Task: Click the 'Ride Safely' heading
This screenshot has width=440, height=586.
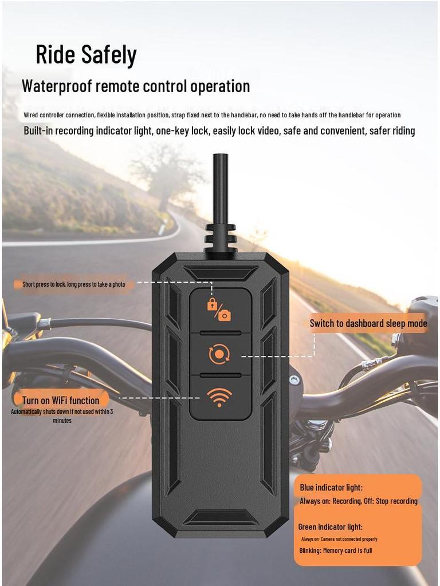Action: (86, 55)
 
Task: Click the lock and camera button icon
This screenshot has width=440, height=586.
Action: (219, 309)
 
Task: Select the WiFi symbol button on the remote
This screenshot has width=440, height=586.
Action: (220, 398)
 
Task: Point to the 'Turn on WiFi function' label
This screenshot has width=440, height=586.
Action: (61, 400)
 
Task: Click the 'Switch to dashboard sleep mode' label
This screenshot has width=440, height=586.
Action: (368, 323)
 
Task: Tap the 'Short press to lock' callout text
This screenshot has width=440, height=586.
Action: (73, 284)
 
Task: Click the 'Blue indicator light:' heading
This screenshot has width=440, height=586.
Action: (331, 488)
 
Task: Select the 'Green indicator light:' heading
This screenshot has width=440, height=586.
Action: (331, 527)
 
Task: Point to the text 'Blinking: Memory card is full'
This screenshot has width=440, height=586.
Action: (336, 551)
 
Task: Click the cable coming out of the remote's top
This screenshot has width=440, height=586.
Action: (219, 189)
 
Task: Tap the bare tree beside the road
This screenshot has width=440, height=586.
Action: (166, 172)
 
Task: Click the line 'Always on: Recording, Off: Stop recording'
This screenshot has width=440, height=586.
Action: (359, 501)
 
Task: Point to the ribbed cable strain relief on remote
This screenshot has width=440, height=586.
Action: (221, 238)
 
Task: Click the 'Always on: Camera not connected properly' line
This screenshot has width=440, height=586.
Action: (339, 539)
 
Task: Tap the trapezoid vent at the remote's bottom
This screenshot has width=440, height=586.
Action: (220, 517)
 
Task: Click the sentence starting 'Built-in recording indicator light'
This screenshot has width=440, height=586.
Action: (219, 131)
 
